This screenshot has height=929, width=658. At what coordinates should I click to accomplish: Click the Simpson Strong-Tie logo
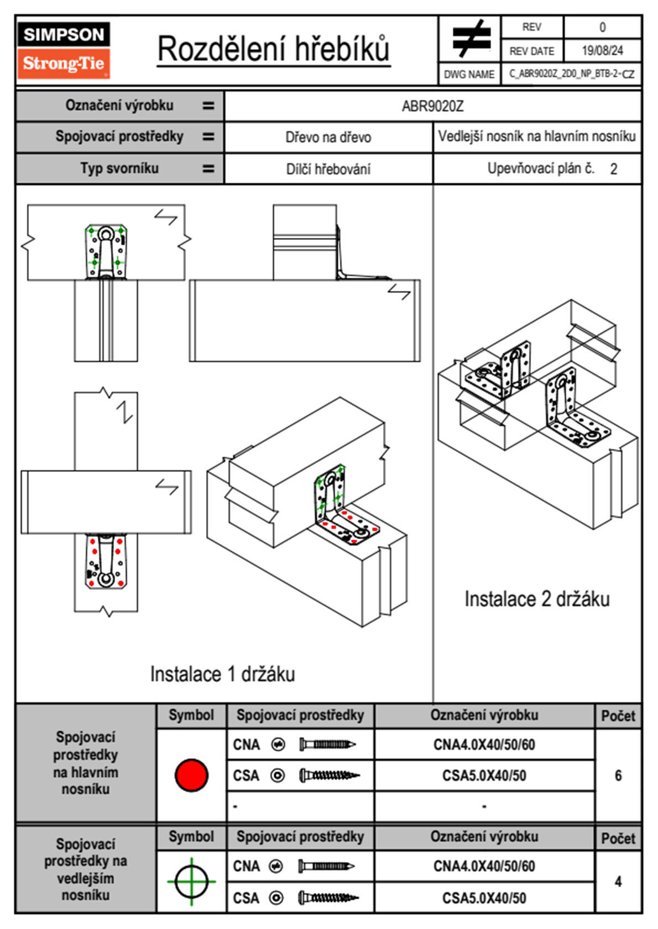(64, 50)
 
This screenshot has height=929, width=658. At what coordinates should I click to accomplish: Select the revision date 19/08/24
(602, 51)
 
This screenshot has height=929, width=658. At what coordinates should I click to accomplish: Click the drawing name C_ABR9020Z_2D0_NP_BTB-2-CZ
(571, 73)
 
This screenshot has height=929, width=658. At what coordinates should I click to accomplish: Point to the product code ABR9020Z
(432, 106)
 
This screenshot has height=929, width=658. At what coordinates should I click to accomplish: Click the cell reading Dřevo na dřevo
(328, 138)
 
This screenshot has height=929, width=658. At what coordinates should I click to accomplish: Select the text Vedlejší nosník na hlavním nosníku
(536, 136)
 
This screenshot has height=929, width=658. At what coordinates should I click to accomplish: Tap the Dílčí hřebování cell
(328, 169)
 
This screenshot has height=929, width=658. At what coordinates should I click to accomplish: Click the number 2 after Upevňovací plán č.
(613, 170)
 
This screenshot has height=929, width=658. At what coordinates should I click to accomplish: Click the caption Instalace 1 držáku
(222, 674)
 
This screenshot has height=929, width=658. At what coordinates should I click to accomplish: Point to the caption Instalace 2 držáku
(536, 599)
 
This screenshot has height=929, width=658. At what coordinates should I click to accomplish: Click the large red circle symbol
(191, 775)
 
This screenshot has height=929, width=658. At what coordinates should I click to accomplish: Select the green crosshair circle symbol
(191, 882)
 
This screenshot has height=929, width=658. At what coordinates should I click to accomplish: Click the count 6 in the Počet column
(618, 775)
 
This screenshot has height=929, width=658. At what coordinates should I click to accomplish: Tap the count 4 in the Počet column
(618, 882)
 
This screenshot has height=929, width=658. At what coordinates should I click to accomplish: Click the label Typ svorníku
(119, 168)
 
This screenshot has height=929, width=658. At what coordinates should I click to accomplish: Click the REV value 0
(602, 27)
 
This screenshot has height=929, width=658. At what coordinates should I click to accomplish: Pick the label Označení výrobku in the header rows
(119, 105)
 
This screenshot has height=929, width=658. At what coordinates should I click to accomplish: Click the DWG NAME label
(469, 74)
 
